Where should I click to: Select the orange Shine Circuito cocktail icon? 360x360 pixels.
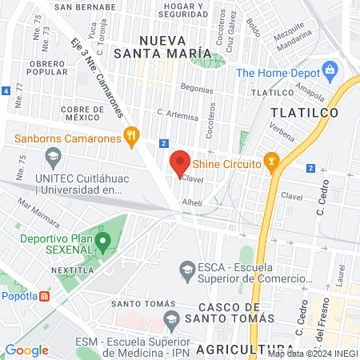pyautogui.click(x=271, y=163)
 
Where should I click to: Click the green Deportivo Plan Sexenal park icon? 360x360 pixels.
pyautogui.click(x=102, y=240)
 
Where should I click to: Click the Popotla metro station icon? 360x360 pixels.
pyautogui.click(x=46, y=295)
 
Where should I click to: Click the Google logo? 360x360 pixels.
pyautogui.click(x=26, y=350)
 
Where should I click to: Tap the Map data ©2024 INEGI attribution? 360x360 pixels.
pyautogui.click(x=311, y=353)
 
